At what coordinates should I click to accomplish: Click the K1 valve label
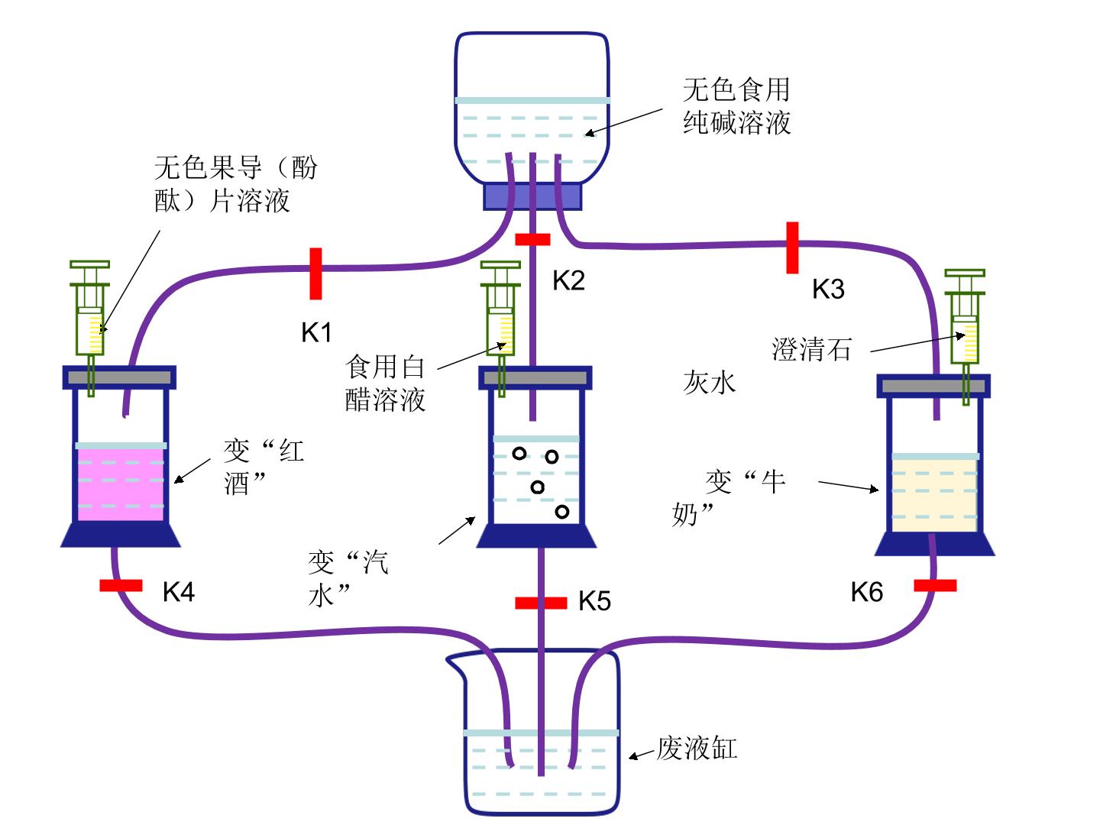point(316,332)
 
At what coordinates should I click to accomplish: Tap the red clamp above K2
point(532,239)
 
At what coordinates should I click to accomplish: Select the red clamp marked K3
point(792,248)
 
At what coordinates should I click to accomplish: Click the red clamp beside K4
point(121,585)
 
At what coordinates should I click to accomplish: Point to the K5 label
point(594,600)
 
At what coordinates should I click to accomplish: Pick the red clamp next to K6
point(935,585)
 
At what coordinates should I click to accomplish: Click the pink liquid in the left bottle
point(120,484)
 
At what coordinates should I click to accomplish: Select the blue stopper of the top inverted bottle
point(532,197)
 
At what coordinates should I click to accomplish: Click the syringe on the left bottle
point(90,325)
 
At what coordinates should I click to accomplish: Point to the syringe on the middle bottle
point(500,325)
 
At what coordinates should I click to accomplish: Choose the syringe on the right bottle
point(965,335)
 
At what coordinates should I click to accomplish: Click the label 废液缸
point(697,749)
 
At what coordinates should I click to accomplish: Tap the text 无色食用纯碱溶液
point(736,105)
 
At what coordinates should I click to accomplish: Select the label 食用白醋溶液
point(385,383)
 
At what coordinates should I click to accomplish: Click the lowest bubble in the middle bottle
point(561,512)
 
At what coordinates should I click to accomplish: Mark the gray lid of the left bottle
point(119,377)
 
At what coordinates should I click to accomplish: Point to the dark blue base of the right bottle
point(935,544)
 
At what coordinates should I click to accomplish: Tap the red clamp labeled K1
point(315,273)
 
